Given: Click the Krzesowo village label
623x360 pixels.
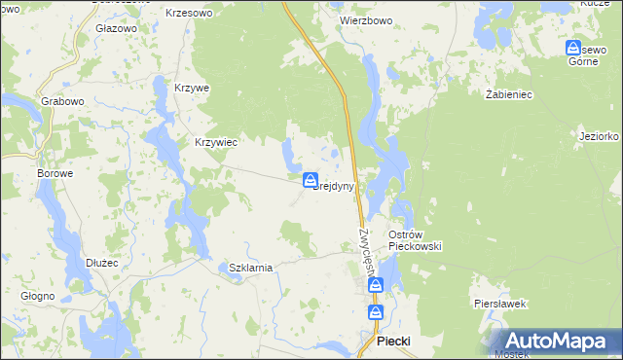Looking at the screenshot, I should tap(189, 13).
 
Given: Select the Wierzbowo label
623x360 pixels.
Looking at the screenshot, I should tap(365, 18).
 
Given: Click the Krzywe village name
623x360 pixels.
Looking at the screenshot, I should tap(192, 88).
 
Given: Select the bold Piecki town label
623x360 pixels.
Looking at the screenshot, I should tap(393, 342).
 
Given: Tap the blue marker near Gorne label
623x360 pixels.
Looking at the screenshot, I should tap(574, 48).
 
